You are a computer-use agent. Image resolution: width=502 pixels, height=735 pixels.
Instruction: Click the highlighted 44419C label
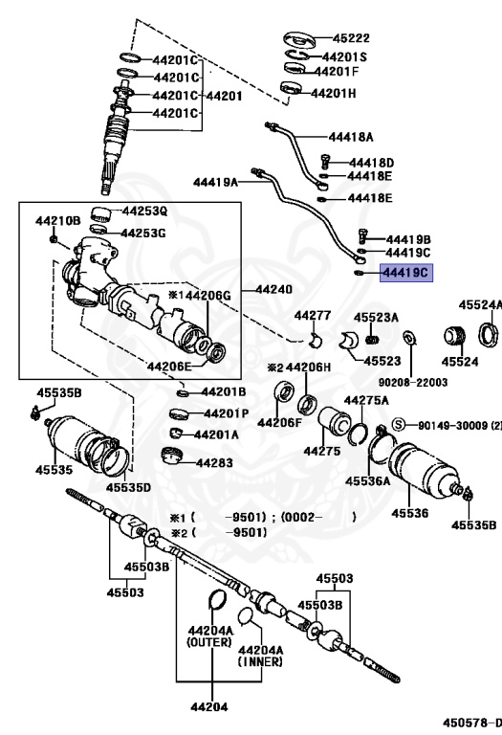click(x=406, y=273)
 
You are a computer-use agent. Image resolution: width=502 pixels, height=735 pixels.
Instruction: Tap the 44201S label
click(x=342, y=56)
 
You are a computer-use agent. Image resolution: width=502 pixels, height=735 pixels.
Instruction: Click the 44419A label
click(x=214, y=181)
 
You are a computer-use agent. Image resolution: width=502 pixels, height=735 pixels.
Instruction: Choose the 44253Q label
click(x=143, y=211)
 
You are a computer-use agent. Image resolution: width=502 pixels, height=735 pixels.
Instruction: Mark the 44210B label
click(x=58, y=221)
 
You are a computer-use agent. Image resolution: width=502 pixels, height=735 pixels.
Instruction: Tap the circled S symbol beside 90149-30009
click(x=399, y=424)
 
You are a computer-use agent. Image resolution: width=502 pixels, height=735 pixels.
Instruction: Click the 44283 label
click(x=214, y=462)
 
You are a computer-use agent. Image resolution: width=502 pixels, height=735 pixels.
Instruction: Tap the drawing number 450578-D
click(x=469, y=722)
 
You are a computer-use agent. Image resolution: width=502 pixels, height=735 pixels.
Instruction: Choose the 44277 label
click(x=312, y=316)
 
